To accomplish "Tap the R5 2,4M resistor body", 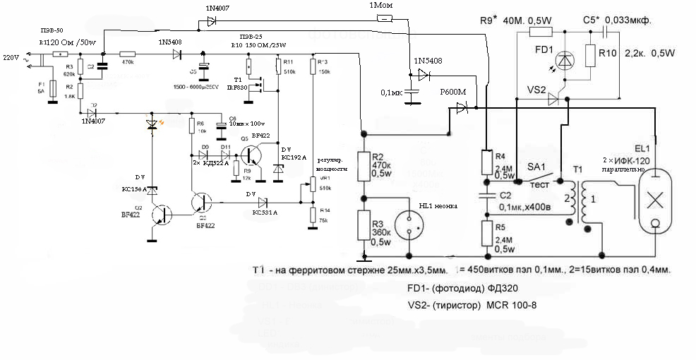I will [x=486, y=231].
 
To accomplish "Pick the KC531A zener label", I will [x=265, y=211].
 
